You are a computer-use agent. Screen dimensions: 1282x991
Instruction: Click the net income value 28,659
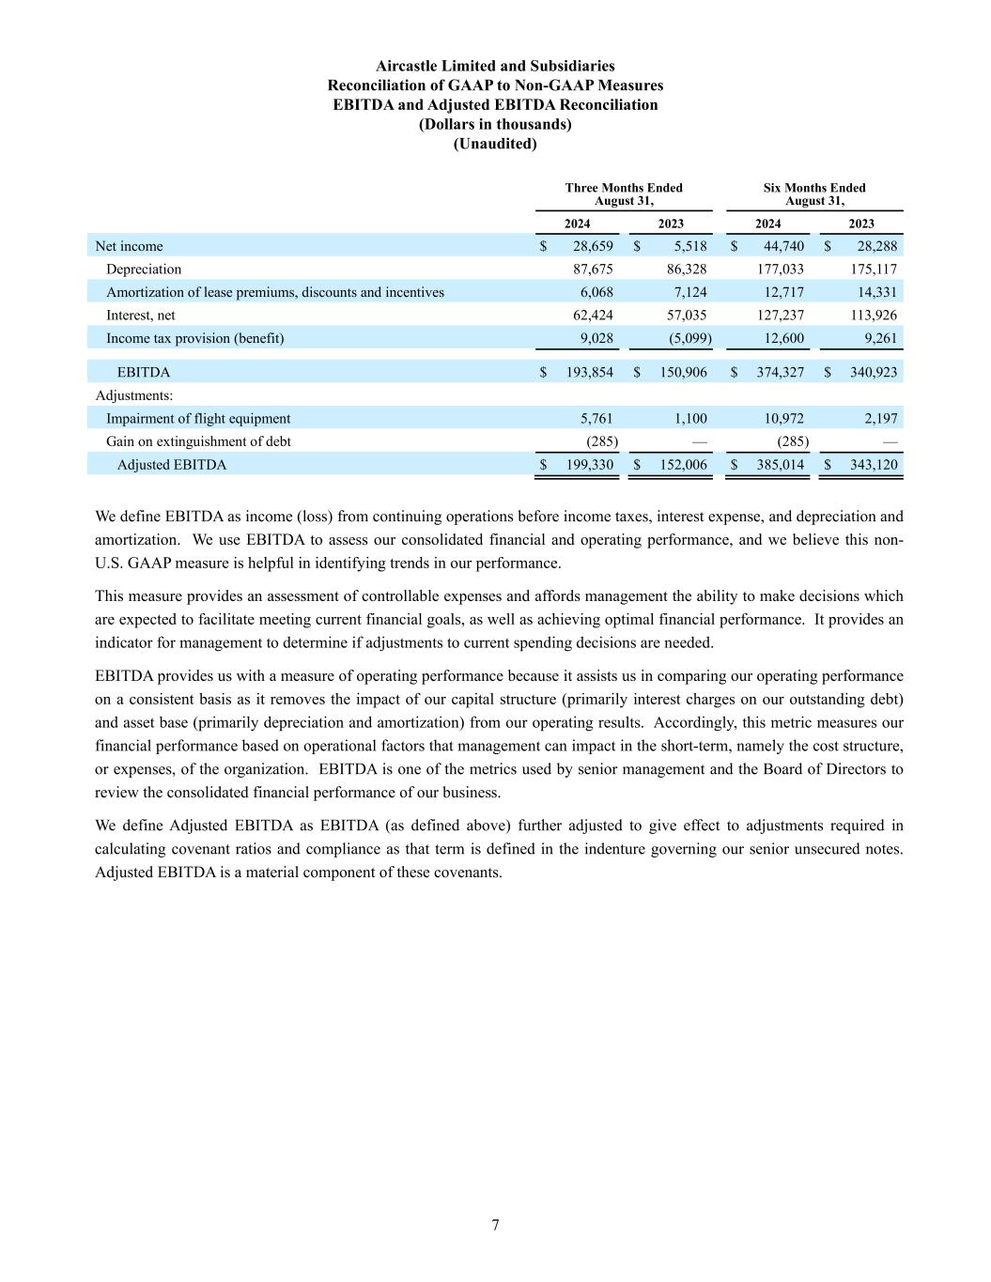click(593, 246)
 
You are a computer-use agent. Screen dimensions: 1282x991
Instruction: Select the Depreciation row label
click(144, 269)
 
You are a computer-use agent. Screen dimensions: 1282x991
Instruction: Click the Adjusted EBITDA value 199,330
click(589, 464)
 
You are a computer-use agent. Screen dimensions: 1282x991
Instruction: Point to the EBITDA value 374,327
click(780, 372)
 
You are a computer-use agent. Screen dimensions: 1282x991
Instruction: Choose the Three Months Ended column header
click(624, 194)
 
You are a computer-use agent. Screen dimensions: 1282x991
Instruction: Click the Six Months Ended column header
click(814, 194)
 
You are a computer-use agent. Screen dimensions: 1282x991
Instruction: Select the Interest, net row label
click(141, 315)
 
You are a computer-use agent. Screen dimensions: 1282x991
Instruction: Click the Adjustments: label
click(134, 395)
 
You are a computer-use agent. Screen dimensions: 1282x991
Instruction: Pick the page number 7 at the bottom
click(495, 1224)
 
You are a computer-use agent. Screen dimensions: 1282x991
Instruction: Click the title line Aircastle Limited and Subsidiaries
click(495, 66)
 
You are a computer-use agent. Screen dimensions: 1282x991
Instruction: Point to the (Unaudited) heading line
click(495, 144)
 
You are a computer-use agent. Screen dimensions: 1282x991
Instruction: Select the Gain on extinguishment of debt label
click(198, 441)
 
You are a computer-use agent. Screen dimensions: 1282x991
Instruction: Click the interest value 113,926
click(872, 315)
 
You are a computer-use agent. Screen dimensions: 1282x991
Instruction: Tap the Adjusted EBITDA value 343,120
click(872, 464)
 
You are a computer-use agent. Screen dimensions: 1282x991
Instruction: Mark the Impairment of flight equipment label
click(198, 418)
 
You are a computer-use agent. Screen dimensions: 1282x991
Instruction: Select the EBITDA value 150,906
click(683, 372)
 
